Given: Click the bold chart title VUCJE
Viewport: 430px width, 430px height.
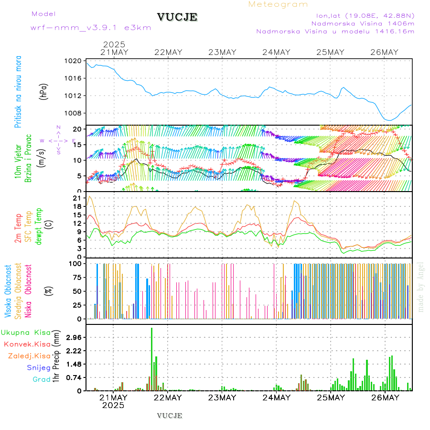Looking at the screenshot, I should [x=177, y=17].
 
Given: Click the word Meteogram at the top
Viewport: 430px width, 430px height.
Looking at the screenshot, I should [x=278, y=4].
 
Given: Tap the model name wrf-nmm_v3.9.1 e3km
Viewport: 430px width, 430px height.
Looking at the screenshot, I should [x=91, y=28].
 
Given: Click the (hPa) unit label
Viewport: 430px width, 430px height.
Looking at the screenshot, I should [x=44, y=91].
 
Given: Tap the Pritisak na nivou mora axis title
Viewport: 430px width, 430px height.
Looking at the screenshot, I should [x=18, y=92].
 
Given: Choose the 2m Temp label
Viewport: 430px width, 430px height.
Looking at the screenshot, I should [x=18, y=228].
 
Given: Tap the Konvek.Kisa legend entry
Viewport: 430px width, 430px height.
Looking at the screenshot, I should [x=27, y=344].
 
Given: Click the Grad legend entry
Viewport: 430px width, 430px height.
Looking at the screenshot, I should [x=41, y=379].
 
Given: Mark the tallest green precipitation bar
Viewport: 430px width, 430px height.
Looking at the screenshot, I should [x=152, y=358].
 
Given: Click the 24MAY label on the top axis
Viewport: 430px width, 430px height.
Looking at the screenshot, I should [x=276, y=52].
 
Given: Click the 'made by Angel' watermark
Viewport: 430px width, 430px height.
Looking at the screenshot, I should [x=421, y=286].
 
